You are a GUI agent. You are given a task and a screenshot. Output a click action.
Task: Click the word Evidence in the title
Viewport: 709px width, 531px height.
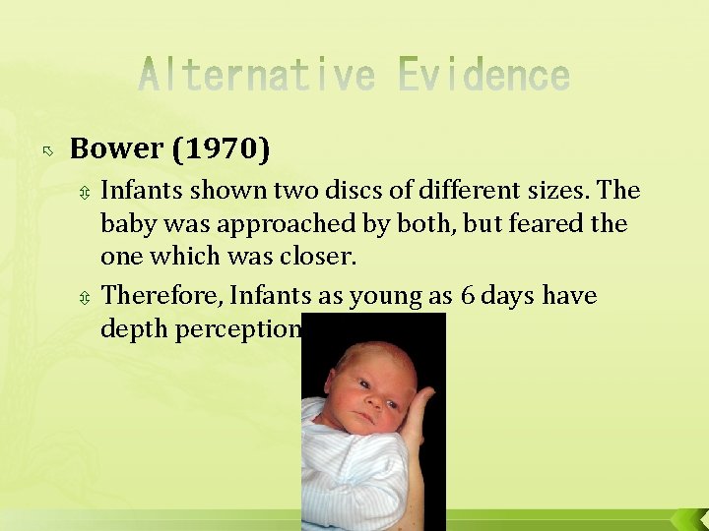tap(483, 76)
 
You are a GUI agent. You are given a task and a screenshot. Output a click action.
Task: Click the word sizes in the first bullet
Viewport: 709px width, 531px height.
tap(556, 189)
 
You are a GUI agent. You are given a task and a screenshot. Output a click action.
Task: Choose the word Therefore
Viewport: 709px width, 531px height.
tap(161, 296)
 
